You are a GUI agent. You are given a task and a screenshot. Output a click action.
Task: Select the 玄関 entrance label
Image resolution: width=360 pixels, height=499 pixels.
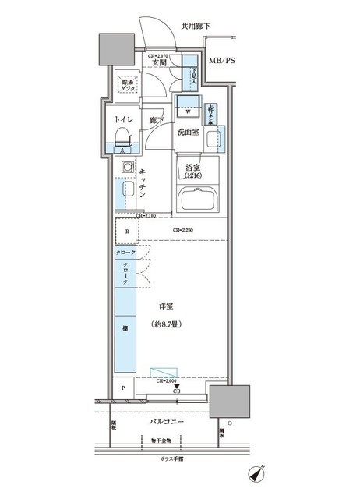pyautogui.click(x=159, y=64)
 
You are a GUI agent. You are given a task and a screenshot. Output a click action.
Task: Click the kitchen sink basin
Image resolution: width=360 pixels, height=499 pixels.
pyautogui.click(x=125, y=190)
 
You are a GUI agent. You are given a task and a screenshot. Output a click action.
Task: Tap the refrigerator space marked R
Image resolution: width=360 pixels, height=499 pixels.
pyautogui.click(x=125, y=232)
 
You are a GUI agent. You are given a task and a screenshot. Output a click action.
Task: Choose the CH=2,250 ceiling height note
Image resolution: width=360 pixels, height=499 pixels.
pyautogui.click(x=182, y=230)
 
